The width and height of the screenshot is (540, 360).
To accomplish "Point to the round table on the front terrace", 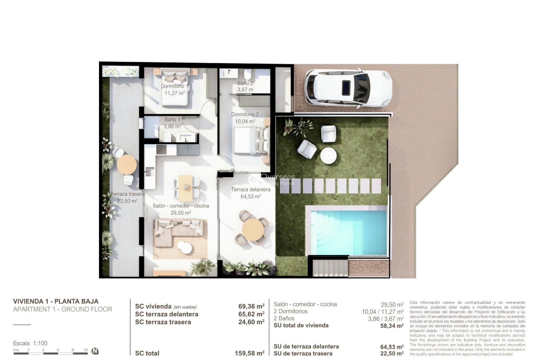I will [253, 229].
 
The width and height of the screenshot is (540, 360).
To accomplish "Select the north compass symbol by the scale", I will [95, 351].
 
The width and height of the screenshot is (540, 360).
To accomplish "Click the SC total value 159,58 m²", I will [249, 353].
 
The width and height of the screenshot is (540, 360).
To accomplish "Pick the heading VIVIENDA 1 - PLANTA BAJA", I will [56, 301].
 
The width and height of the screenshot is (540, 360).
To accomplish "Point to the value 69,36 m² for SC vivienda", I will [251, 306].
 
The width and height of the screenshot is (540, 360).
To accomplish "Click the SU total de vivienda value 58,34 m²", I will [392, 326].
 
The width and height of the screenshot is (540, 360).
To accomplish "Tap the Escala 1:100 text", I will [30, 343].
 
